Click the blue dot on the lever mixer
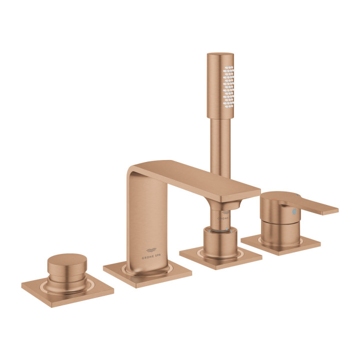tap(294, 212)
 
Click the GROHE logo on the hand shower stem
tap(223, 218)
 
